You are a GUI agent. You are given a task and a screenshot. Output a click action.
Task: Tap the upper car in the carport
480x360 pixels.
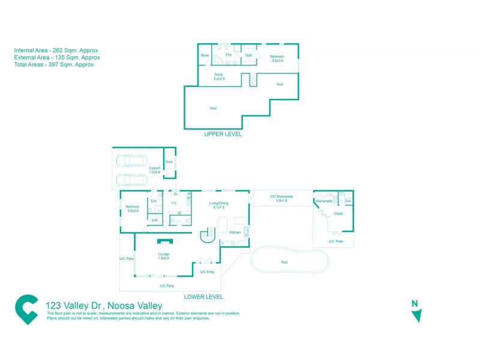(131, 161)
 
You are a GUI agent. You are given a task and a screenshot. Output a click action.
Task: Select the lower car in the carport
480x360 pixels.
(131, 179)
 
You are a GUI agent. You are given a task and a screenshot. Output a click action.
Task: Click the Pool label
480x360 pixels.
(284, 262)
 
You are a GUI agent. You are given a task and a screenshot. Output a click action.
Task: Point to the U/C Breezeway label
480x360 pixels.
(281, 198)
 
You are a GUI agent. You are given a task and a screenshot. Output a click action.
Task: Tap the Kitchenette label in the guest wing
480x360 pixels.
(324, 201)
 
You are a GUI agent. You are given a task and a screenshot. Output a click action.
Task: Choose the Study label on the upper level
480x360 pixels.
(218, 76)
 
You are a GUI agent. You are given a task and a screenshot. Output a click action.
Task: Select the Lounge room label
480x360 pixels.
(164, 256)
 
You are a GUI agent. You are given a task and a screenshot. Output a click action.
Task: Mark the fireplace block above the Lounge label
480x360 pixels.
(164, 241)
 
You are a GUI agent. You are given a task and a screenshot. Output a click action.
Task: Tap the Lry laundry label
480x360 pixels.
(173, 203)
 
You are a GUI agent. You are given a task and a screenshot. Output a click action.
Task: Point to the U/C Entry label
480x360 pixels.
(207, 272)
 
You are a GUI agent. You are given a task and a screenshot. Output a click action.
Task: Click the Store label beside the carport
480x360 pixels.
(169, 161)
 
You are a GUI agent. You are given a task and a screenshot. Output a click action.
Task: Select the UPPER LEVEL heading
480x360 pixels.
(223, 134)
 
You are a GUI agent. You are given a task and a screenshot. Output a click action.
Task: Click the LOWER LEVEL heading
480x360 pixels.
(204, 296)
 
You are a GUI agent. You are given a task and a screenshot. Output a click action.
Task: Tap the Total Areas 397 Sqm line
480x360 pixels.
(53, 65)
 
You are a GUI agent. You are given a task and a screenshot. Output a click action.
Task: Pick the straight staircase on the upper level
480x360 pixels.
(253, 80)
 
